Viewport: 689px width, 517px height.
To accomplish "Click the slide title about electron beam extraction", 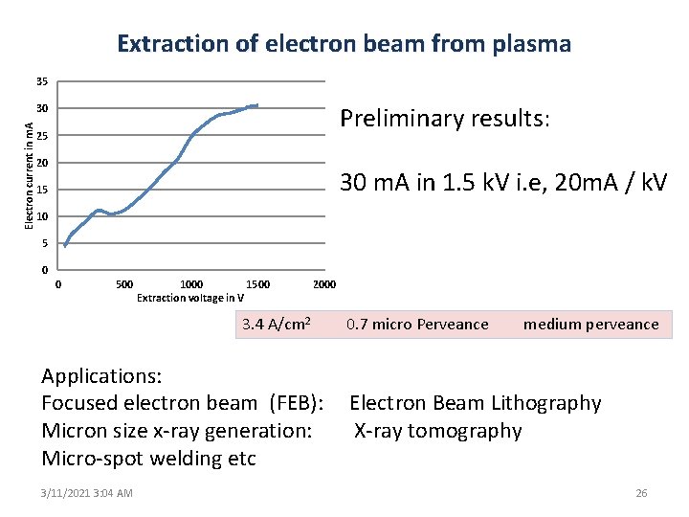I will coord(344,44).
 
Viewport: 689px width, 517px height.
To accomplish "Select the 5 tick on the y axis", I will coord(46,243).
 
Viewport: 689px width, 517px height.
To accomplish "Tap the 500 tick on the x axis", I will coord(124,284).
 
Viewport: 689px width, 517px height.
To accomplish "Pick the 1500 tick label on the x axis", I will coord(257,284).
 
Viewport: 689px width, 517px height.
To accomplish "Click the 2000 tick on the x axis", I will coord(324,284).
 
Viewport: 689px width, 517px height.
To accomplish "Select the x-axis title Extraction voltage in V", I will coord(190,298).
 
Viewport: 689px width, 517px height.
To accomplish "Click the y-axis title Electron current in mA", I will coord(29,173).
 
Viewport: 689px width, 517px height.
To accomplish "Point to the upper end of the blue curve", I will coord(257,105).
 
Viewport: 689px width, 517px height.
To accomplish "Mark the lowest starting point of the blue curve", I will coord(65,246).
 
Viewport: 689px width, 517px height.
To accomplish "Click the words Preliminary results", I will coord(445,119).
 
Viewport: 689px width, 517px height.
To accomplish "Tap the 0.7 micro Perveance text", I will coord(417,325).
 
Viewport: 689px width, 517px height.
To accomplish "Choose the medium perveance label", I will coord(590,325).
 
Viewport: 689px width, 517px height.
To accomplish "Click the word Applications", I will coord(101,375).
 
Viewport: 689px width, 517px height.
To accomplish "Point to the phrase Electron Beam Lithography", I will coord(476,403).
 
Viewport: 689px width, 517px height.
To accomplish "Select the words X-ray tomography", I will coord(438,431).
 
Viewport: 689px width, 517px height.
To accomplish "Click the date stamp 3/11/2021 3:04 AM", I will coord(87,493).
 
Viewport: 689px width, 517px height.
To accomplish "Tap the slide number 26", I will coord(641,493).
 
